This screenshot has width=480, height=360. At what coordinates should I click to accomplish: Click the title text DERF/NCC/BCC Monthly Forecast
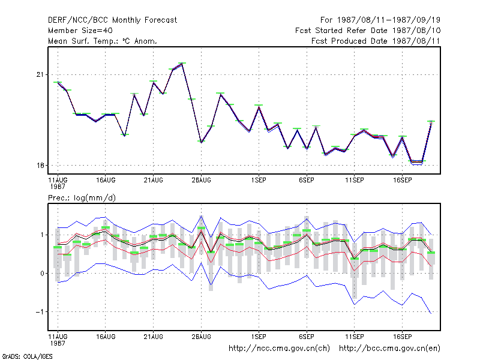[x=112, y=20]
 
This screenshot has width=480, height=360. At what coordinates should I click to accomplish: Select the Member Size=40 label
[x=80, y=31]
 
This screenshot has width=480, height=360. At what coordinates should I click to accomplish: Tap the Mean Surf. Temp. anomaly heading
[x=103, y=41]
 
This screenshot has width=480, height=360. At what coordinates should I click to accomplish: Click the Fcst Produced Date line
[x=376, y=41]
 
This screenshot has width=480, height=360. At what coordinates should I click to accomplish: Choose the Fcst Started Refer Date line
[x=368, y=31]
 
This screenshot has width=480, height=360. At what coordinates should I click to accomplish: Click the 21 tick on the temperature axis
[x=40, y=74]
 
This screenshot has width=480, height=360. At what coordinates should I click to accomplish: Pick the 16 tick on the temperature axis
[x=40, y=166]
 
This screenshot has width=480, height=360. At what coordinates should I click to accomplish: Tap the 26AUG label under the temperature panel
[x=201, y=181]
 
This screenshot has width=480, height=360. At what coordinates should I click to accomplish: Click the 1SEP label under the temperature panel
[x=259, y=181]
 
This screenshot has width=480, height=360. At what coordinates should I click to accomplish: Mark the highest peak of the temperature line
[x=182, y=64]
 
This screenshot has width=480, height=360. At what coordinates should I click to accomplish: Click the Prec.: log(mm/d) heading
[x=82, y=198]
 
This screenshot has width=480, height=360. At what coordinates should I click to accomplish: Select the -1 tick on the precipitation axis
[x=40, y=311]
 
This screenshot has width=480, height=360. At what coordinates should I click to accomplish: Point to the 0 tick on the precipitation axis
[x=42, y=274]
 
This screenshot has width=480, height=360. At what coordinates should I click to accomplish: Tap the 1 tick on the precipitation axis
[x=42, y=235]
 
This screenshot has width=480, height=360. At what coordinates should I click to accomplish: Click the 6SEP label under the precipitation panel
[x=307, y=337]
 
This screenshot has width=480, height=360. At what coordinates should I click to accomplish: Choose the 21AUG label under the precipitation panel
[x=154, y=337]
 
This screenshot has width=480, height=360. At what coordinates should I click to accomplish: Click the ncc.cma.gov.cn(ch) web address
[x=279, y=349]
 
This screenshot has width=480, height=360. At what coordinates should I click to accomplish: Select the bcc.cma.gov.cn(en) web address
[x=389, y=349]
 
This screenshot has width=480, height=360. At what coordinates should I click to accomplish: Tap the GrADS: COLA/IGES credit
[x=27, y=356]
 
